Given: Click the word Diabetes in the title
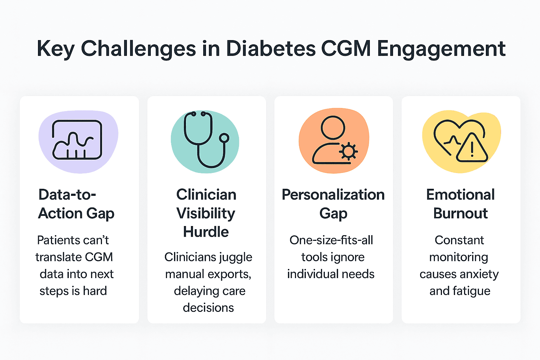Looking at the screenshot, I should point(271,49).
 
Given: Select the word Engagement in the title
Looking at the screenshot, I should point(441,49).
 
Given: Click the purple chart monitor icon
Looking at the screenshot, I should point(77,140).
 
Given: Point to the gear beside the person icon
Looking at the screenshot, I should point(348,152).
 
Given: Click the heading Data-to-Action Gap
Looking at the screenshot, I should point(76,204).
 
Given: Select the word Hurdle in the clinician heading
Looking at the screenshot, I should point(206,232).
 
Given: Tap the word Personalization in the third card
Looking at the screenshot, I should point(333,195).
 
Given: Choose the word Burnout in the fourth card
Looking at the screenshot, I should point(461,213).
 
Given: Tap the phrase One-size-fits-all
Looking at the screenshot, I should point(331,240).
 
